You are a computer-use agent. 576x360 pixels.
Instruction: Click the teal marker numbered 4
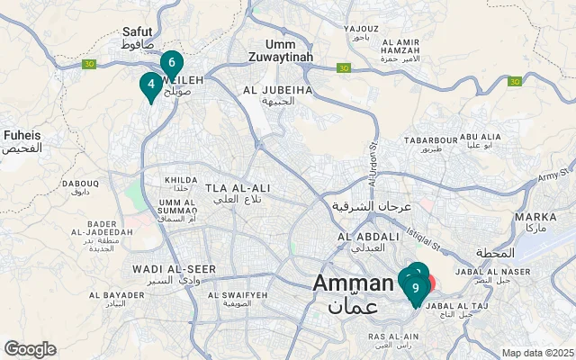click(x=150, y=85)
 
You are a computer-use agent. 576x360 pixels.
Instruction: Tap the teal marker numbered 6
click(x=171, y=63)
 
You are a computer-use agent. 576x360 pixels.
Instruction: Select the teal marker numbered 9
click(x=415, y=289)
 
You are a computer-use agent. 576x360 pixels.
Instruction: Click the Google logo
click(x=30, y=349)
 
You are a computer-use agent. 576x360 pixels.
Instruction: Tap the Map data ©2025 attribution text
click(x=536, y=353)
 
